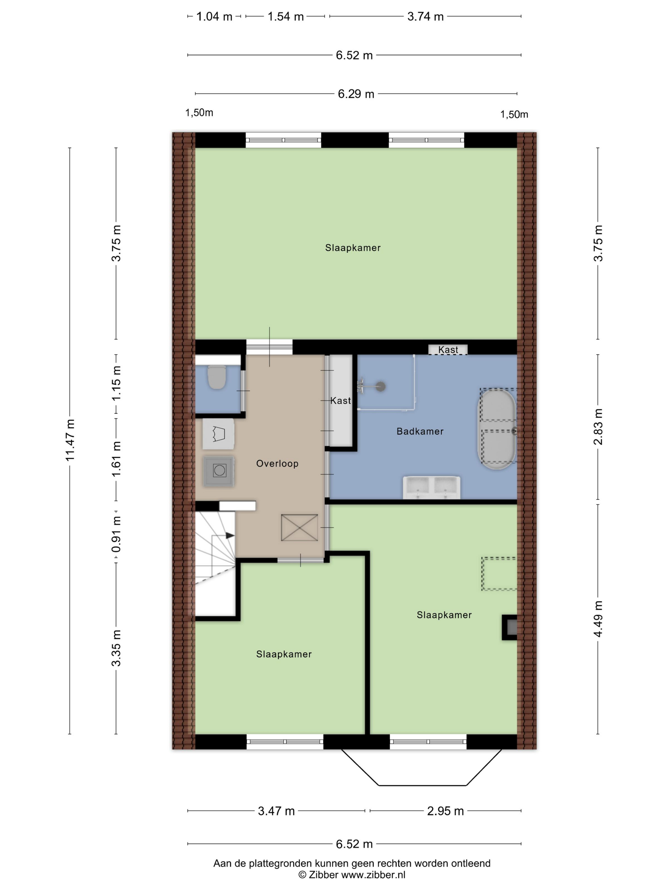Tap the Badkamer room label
[x=420, y=431]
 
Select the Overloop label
[x=277, y=463]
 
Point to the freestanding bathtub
[x=497, y=429]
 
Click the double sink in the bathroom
[x=432, y=487]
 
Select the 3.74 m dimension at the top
[x=425, y=17]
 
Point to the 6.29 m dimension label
[x=356, y=94]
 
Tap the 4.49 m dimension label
[x=598, y=619]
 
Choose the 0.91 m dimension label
[x=116, y=535]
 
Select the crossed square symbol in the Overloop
[x=299, y=527]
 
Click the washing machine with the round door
[x=219, y=470]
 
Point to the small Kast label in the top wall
[x=448, y=350]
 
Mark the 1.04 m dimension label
[x=214, y=17]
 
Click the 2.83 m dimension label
[x=598, y=427]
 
